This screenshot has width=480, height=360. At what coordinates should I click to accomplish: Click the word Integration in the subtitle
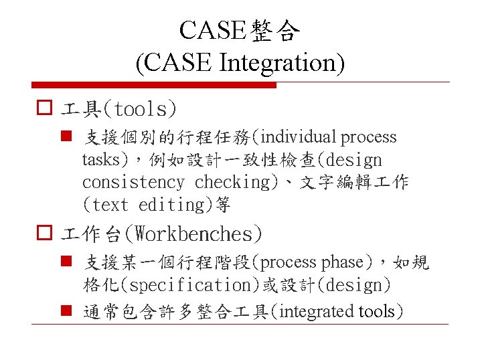click(x=280, y=63)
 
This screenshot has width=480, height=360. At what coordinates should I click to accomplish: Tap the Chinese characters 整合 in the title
click(x=276, y=30)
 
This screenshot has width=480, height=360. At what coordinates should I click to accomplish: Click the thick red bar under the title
click(x=155, y=85)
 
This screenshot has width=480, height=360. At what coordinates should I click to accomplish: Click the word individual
click(x=300, y=137)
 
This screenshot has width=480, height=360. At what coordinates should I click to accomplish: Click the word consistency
click(x=133, y=182)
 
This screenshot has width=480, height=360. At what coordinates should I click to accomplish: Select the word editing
click(x=172, y=205)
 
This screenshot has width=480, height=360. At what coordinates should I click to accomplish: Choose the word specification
click(x=189, y=285)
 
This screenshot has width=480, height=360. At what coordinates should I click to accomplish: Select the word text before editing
click(x=110, y=205)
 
